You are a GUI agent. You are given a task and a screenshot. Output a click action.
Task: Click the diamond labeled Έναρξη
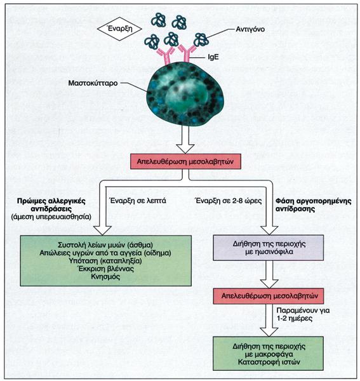tap(119, 29)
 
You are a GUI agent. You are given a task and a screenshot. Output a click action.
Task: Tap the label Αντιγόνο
tap(250, 29)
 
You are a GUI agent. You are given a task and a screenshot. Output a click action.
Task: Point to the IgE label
tap(213, 57)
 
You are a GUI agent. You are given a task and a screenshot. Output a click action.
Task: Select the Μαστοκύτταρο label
tap(93, 83)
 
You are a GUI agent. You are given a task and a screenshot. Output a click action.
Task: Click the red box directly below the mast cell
tap(186, 161)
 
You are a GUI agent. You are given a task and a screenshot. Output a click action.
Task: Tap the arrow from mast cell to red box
tap(185, 139)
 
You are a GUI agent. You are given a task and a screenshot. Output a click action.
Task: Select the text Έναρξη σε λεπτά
tap(137, 201)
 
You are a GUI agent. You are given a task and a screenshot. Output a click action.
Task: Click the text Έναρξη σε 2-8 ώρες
tap(229, 201)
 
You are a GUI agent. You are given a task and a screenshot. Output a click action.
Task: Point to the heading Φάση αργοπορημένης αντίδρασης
tap(314, 205)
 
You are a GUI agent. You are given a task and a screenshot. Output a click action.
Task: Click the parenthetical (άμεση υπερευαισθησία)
tap(51, 217)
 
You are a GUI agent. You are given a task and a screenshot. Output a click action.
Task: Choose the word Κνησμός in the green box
tap(105, 276)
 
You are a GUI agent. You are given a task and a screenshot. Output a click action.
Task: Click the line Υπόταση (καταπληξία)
tap(105, 261)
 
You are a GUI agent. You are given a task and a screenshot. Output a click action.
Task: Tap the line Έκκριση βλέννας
tap(105, 269)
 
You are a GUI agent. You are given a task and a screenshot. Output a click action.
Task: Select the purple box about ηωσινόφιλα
tap(269, 248)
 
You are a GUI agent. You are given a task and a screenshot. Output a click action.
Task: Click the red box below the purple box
tap(269, 296)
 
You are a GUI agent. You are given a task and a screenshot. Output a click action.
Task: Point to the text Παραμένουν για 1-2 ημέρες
tap(303, 314)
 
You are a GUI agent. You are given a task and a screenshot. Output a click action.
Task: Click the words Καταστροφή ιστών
tap(269, 363)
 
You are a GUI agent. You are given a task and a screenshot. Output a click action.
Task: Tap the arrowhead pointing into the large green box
tap(102, 231)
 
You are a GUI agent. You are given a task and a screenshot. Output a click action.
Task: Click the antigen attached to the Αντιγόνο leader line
tap(201, 40)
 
